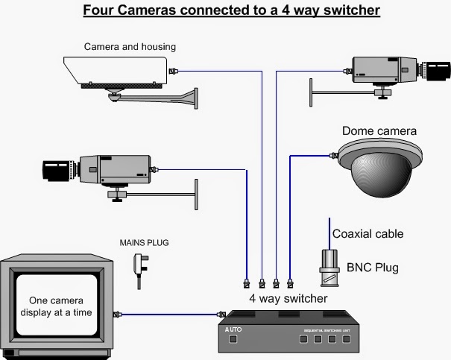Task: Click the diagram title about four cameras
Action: pyautogui.click(x=231, y=10)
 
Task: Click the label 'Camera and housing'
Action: pyautogui.click(x=130, y=47)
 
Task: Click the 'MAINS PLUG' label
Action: pyautogui.click(x=142, y=243)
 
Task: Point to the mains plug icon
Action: pyautogui.click(x=138, y=265)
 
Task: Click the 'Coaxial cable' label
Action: pyautogui.click(x=368, y=234)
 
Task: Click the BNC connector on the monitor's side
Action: pyautogui.click(x=116, y=315)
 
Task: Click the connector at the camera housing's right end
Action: pyautogui.click(x=174, y=72)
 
